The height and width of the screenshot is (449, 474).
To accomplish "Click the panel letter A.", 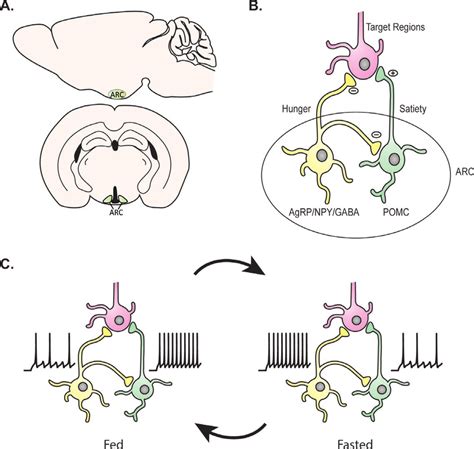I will pyautogui.click(x=8, y=8).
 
